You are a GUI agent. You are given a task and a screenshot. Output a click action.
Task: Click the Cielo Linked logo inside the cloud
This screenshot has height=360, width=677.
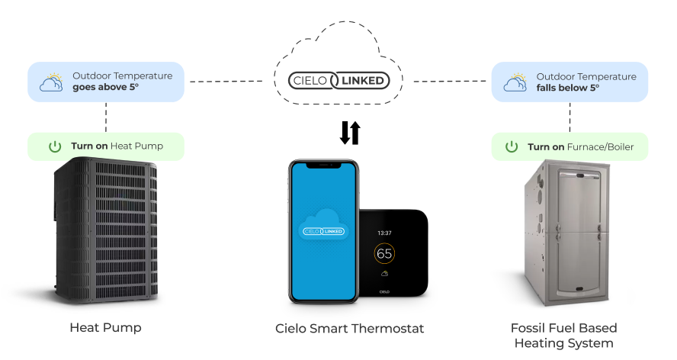[x=338, y=79]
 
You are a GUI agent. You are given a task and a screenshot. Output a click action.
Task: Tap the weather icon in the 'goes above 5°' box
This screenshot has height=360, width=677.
[x=51, y=82]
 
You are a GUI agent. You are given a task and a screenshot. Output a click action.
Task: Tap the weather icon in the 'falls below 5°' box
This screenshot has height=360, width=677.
[x=515, y=82]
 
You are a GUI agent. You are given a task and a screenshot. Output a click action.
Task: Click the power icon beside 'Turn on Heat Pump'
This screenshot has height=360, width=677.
[x=55, y=146]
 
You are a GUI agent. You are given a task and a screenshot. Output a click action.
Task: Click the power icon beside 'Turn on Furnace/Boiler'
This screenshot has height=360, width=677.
[x=512, y=146]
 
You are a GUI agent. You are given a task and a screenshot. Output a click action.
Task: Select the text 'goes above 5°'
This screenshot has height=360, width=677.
[x=107, y=88]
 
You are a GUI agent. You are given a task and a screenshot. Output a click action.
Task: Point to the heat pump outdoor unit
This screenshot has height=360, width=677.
[x=105, y=229]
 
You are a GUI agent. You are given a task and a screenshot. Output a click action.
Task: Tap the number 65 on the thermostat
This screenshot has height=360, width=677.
[x=385, y=254]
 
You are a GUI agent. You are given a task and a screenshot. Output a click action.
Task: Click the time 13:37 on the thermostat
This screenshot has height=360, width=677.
[x=385, y=232]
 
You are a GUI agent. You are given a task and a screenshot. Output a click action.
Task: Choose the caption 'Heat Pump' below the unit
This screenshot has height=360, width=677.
[x=105, y=329]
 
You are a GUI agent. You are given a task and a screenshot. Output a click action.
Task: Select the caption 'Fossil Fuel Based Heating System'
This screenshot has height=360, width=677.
[x=564, y=336]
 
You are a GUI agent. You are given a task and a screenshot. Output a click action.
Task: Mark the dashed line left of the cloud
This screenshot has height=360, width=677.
[x=229, y=80]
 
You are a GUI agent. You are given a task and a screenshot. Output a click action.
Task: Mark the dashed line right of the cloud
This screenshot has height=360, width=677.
[x=450, y=80]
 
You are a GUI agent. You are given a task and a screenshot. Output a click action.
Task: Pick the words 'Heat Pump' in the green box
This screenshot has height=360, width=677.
[x=136, y=146]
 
